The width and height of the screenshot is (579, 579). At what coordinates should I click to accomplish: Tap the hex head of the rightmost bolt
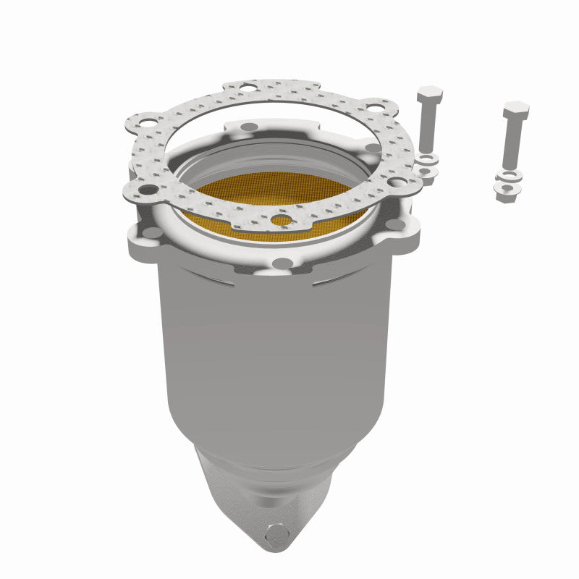[x=516, y=111]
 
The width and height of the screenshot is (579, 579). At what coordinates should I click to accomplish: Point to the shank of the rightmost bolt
[x=514, y=145]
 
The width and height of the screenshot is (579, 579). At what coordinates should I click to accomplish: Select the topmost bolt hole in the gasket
[x=248, y=88]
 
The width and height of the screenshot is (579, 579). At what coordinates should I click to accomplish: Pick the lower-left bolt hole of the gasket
[x=148, y=190]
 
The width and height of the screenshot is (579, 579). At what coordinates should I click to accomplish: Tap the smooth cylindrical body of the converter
[x=275, y=347]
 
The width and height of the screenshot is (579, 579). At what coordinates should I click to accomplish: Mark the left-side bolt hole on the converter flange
[x=152, y=232]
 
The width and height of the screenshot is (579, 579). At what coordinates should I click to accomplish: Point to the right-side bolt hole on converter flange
[x=396, y=225]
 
